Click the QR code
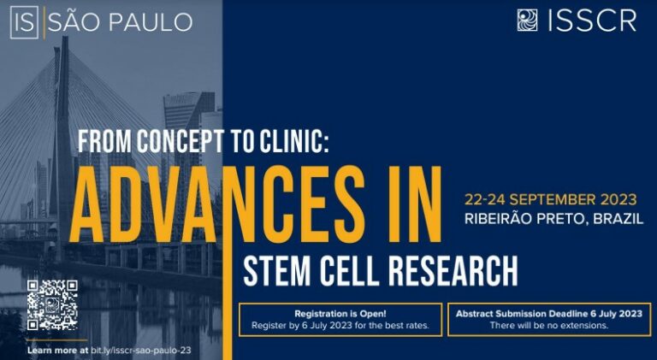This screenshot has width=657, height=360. tap(52, 304)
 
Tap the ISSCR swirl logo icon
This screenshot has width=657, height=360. tap(527, 20)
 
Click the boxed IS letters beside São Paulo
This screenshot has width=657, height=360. tap(24, 22)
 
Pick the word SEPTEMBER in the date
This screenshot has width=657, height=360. tap(555, 199)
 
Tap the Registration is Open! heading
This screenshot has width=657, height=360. tap(340, 314)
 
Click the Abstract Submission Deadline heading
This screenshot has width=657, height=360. tap(527, 314)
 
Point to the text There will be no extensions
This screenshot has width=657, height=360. tap(549, 325)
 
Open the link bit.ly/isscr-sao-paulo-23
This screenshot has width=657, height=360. tap(141, 350)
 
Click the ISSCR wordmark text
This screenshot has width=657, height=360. tap(593, 21)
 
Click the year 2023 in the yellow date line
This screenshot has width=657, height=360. tap(619, 199)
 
